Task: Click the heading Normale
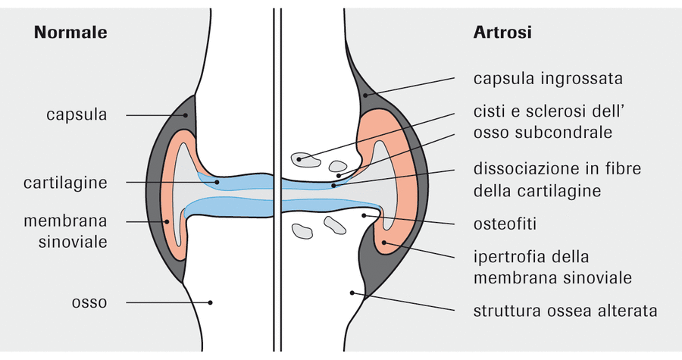click(x=70, y=32)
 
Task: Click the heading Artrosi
click(x=502, y=32)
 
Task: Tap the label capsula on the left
click(x=77, y=115)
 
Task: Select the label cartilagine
click(x=65, y=183)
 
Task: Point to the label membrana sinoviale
click(x=65, y=231)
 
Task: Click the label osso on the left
click(x=89, y=302)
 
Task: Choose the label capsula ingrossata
click(x=548, y=79)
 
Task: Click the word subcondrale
click(x=565, y=132)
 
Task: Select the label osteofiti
click(x=505, y=224)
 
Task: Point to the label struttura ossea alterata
click(x=565, y=311)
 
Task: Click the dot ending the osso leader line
click(x=210, y=302)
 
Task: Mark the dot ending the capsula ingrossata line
click(x=365, y=95)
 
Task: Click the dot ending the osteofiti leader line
click(x=364, y=214)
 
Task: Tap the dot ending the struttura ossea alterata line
click(x=352, y=293)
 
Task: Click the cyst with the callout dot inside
click(x=306, y=160)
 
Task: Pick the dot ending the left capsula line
click(x=186, y=115)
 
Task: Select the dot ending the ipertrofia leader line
click(x=383, y=243)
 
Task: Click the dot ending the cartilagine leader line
click(x=217, y=182)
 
